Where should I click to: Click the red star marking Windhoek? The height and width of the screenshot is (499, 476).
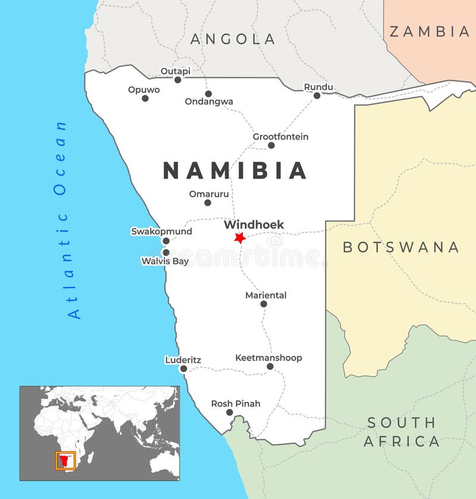point(240,238)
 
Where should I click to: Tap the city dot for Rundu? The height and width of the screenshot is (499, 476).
point(317,95)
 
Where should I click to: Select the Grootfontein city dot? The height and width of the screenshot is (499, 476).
point(271,145)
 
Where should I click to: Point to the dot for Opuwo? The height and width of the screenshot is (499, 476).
point(145,98)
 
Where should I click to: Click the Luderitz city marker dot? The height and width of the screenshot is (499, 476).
point(183,369)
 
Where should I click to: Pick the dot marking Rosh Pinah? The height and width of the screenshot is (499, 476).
point(230,412)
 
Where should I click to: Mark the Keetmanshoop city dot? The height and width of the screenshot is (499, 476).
point(270,366)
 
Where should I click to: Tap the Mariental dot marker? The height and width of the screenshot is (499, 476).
point(264,304)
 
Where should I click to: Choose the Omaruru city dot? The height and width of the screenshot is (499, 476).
point(208,202)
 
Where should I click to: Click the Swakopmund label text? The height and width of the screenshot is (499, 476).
point(161,231)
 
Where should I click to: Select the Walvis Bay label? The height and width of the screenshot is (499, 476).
point(165,261)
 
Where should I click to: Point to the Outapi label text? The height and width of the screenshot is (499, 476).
point(176,71)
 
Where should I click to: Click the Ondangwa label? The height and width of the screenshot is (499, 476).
point(209,102)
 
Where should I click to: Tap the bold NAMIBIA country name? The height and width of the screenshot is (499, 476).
point(235,171)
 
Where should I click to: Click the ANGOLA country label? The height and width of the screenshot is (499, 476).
point(233,39)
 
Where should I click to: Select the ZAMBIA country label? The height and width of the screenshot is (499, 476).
point(429,32)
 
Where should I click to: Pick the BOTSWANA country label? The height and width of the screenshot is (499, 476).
point(401,247)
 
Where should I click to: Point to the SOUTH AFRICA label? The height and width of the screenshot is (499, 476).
point(402,432)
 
